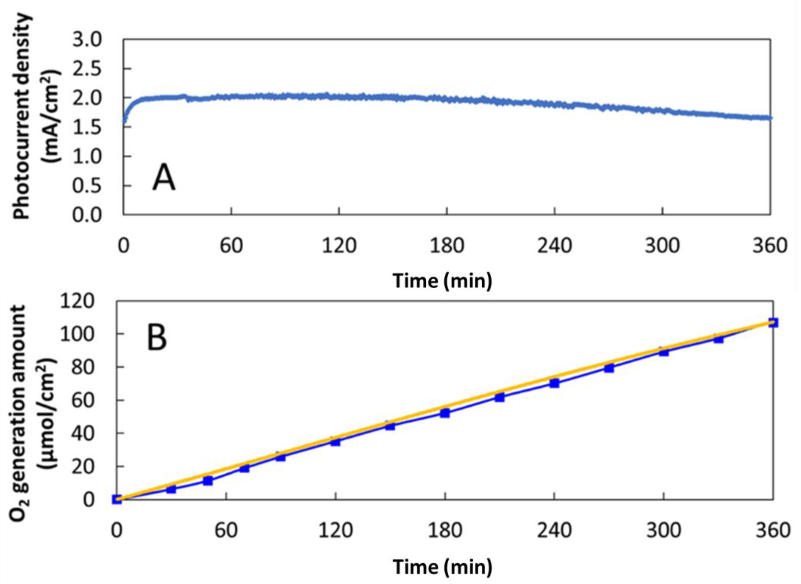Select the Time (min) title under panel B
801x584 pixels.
442,567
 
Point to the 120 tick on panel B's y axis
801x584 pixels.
78,301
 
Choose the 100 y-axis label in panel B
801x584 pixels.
78,334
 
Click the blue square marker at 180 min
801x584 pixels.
445,413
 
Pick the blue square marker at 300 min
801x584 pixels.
664,351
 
